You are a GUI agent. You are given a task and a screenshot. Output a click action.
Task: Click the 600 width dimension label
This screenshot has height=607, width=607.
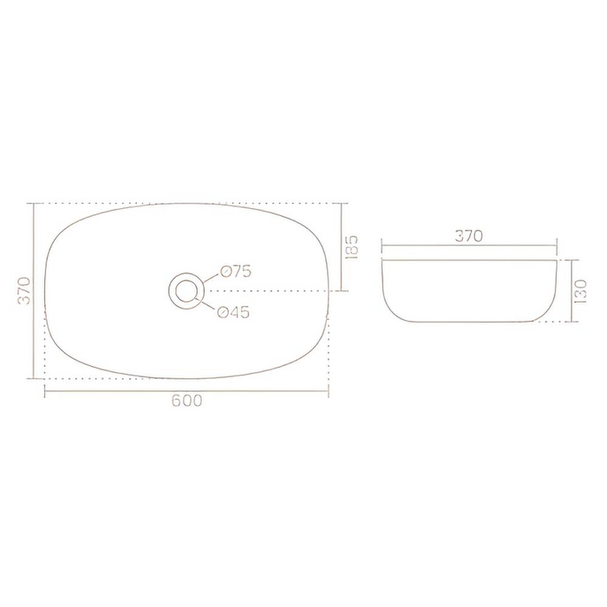(186, 401)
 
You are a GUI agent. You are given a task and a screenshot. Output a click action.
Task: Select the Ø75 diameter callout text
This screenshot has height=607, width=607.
(235, 271)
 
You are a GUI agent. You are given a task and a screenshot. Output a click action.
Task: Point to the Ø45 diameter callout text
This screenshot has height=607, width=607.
(233, 313)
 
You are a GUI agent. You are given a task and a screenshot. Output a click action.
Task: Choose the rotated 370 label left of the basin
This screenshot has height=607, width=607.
(24, 290)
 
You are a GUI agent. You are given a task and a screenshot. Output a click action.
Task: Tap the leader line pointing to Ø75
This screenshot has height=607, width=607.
(212, 275)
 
